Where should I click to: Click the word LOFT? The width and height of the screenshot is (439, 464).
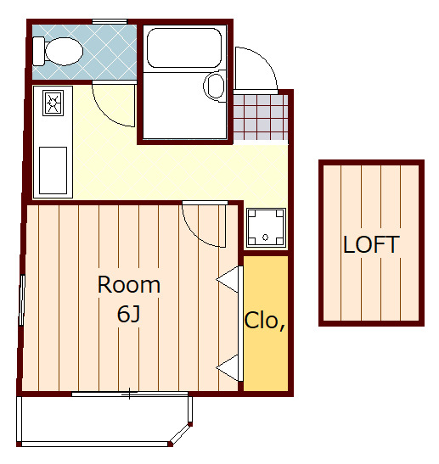coord(371,244)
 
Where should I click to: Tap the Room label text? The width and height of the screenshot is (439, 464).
coord(129,285)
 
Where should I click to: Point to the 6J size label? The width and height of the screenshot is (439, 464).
coord(128,314)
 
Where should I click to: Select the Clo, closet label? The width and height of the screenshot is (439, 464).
coord(265,321)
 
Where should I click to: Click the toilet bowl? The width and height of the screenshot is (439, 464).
coord(64,51)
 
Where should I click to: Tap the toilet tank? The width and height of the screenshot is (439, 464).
coord(38,51)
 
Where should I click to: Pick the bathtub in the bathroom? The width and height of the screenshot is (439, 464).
coord(184,48)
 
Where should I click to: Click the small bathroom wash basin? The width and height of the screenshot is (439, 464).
coord(215,86)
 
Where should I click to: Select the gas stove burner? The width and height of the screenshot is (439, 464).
coord(53,103)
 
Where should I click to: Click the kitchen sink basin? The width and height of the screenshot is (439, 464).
coord(53,171)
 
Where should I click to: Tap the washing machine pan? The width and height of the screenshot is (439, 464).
coord(266,228)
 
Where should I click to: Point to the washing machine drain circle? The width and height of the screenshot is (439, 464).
coord(266,237)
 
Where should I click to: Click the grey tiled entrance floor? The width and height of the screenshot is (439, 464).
coord(261,117)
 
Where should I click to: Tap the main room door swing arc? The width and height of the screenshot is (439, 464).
coord(195,233)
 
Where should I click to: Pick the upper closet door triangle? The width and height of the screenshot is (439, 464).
coord(228,279)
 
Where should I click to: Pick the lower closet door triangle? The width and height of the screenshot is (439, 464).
coord(228,367)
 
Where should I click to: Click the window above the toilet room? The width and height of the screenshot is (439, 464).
coord(110,21)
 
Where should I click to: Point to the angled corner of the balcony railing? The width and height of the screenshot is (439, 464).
coord(180,433)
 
